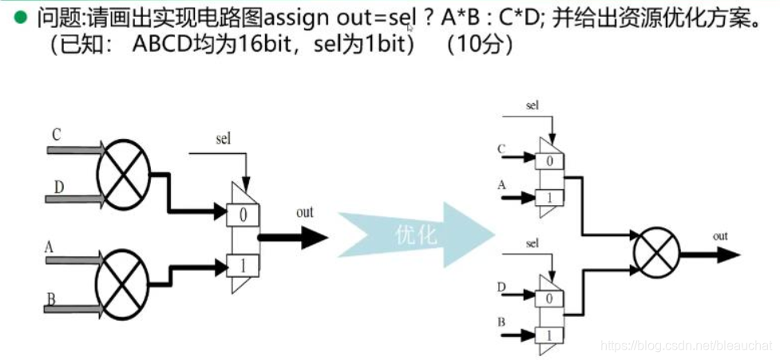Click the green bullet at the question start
point(17,17)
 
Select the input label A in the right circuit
point(502,186)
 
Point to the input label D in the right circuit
point(502,285)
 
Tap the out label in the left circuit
point(305,212)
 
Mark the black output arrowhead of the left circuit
point(313,238)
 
